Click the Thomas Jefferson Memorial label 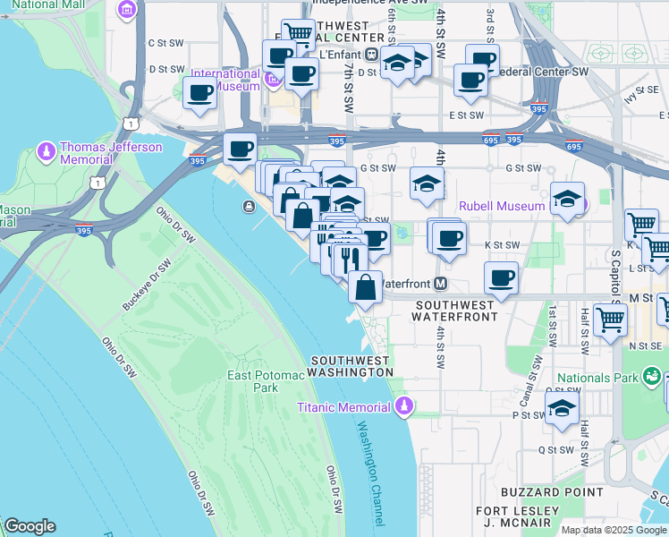pos(98,153)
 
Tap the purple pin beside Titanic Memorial pos(404,407)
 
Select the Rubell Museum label pos(501,206)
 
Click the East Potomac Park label pos(266,381)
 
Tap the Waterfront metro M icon pos(440,284)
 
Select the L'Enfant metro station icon pos(370,53)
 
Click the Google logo pos(30,526)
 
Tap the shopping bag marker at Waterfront pos(365,287)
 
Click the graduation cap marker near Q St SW pos(562,407)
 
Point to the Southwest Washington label pos(350,366)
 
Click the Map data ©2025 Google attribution pos(614,529)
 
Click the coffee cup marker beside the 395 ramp pos(240,149)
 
